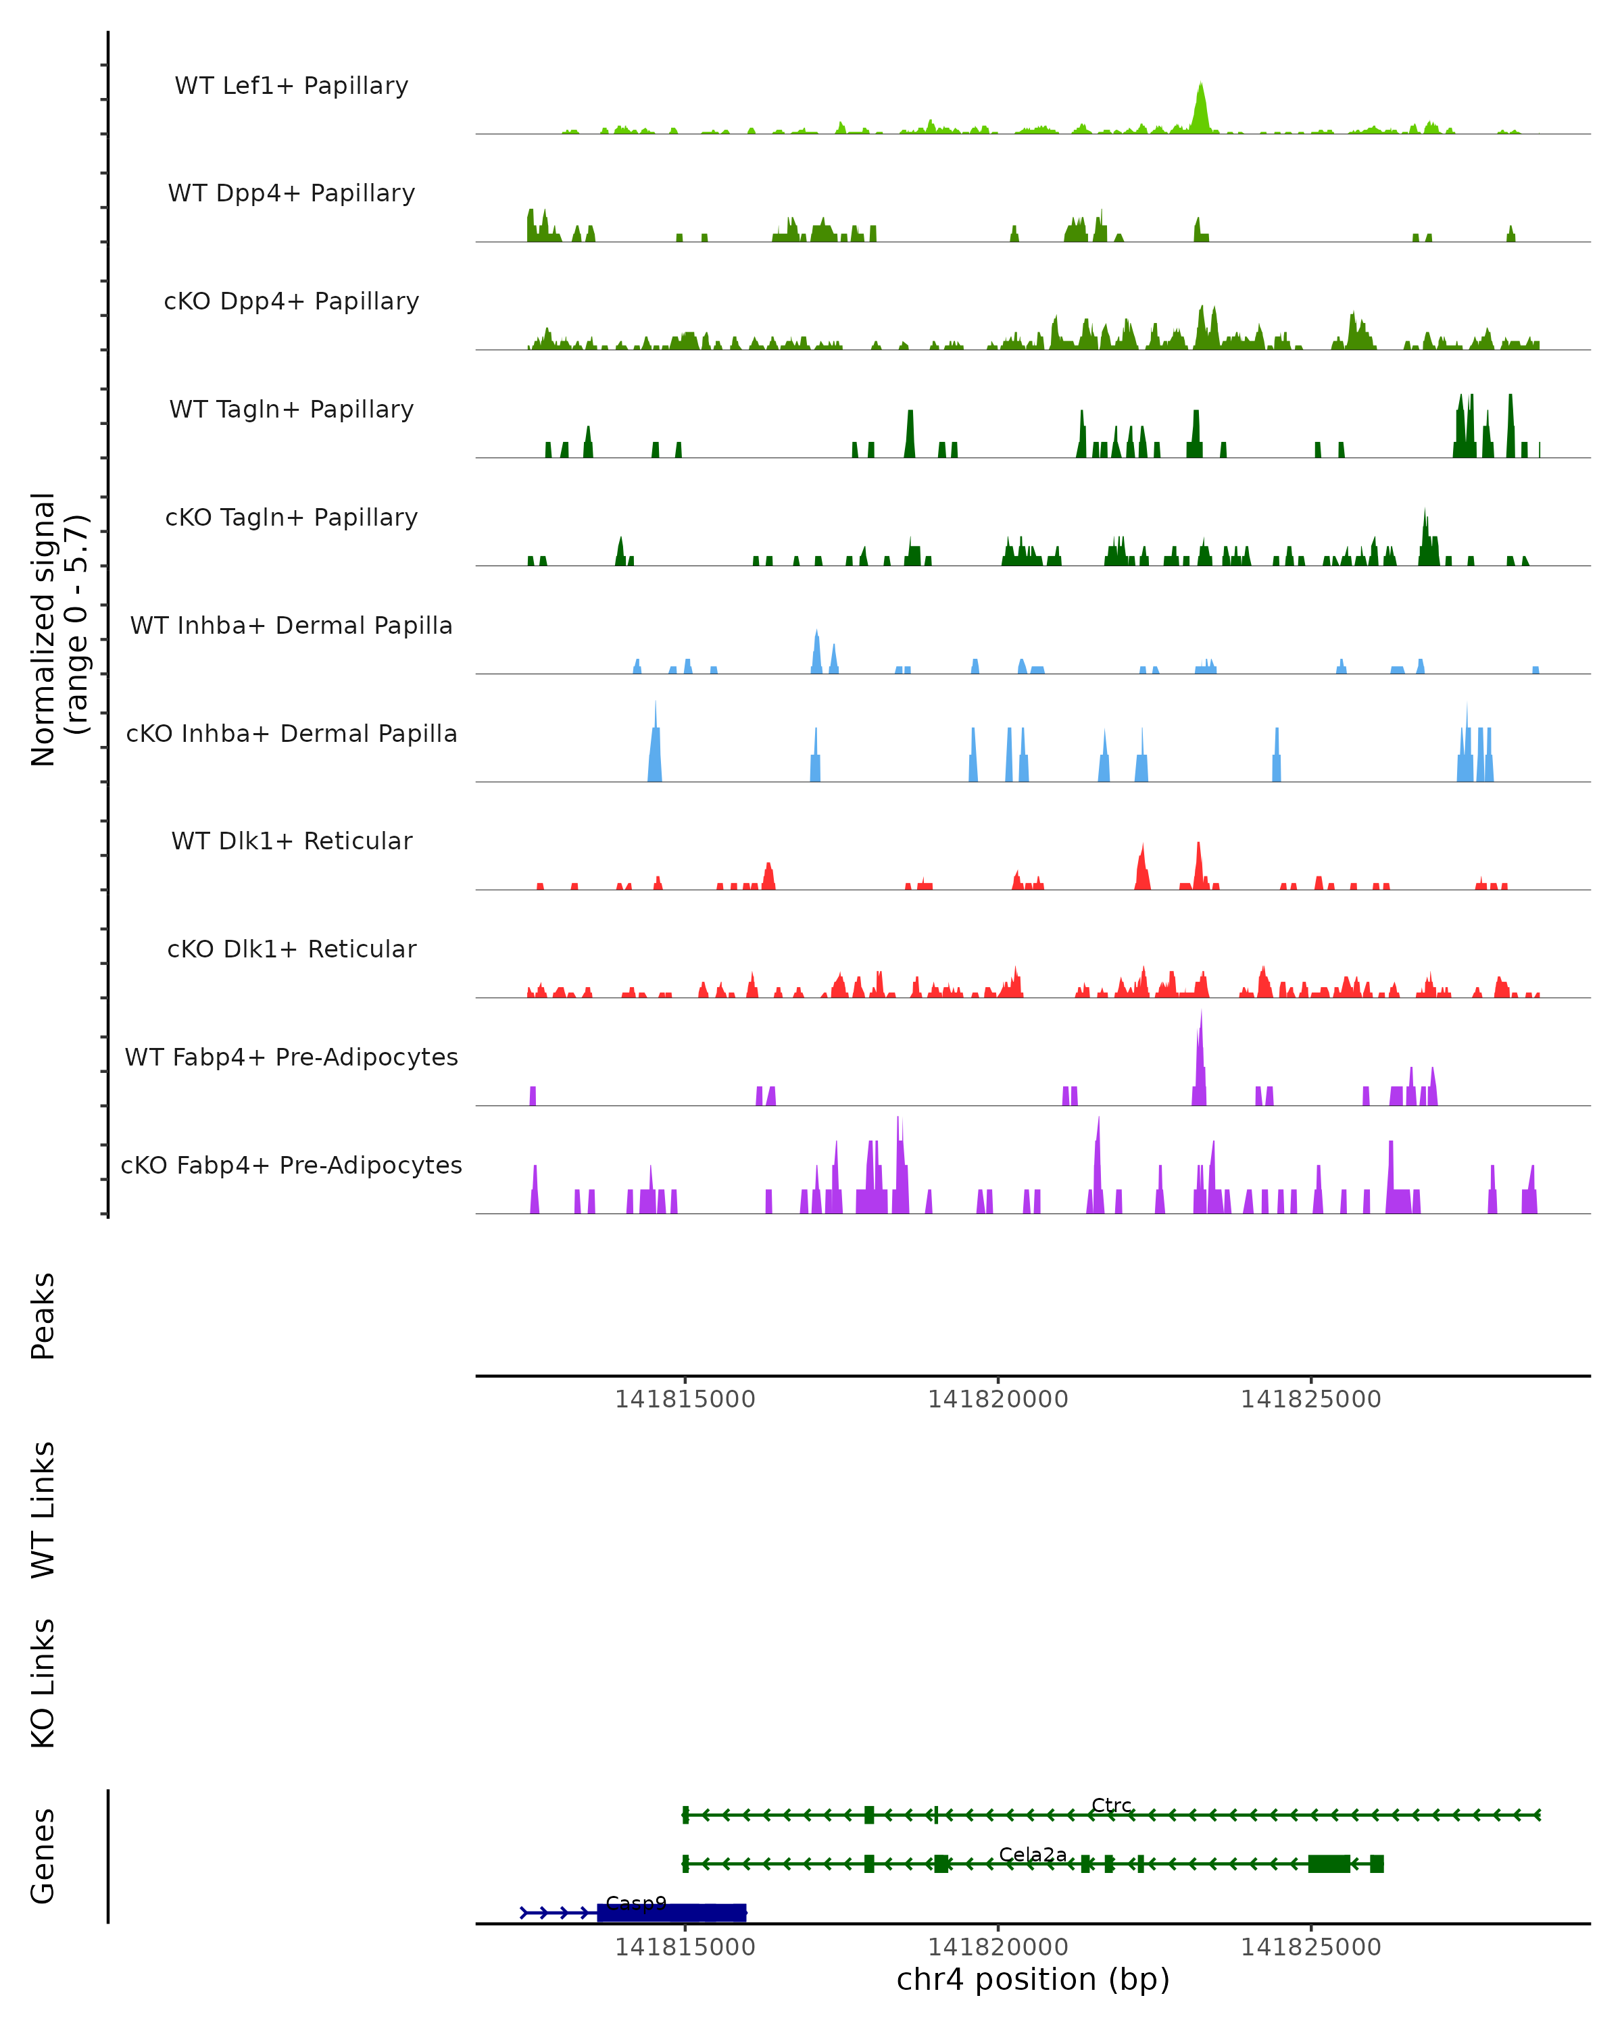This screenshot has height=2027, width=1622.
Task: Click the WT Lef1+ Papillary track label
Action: tap(291, 86)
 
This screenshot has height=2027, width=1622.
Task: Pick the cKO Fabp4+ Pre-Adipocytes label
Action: tap(291, 1165)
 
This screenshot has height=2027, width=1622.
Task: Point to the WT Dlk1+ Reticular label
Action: tap(291, 841)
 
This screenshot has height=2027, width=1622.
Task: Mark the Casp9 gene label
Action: tap(636, 1903)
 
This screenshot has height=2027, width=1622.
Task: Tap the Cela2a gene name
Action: tap(1033, 1854)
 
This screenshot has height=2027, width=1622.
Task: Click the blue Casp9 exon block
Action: tap(671, 1912)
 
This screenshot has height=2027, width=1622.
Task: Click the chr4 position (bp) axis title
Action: tap(1033, 1979)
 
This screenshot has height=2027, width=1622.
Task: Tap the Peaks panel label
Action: tap(43, 1316)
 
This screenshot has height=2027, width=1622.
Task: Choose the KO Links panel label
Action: tap(43, 1683)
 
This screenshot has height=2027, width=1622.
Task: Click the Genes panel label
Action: tap(43, 1856)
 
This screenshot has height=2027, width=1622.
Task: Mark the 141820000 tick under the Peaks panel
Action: tap(998, 1399)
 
